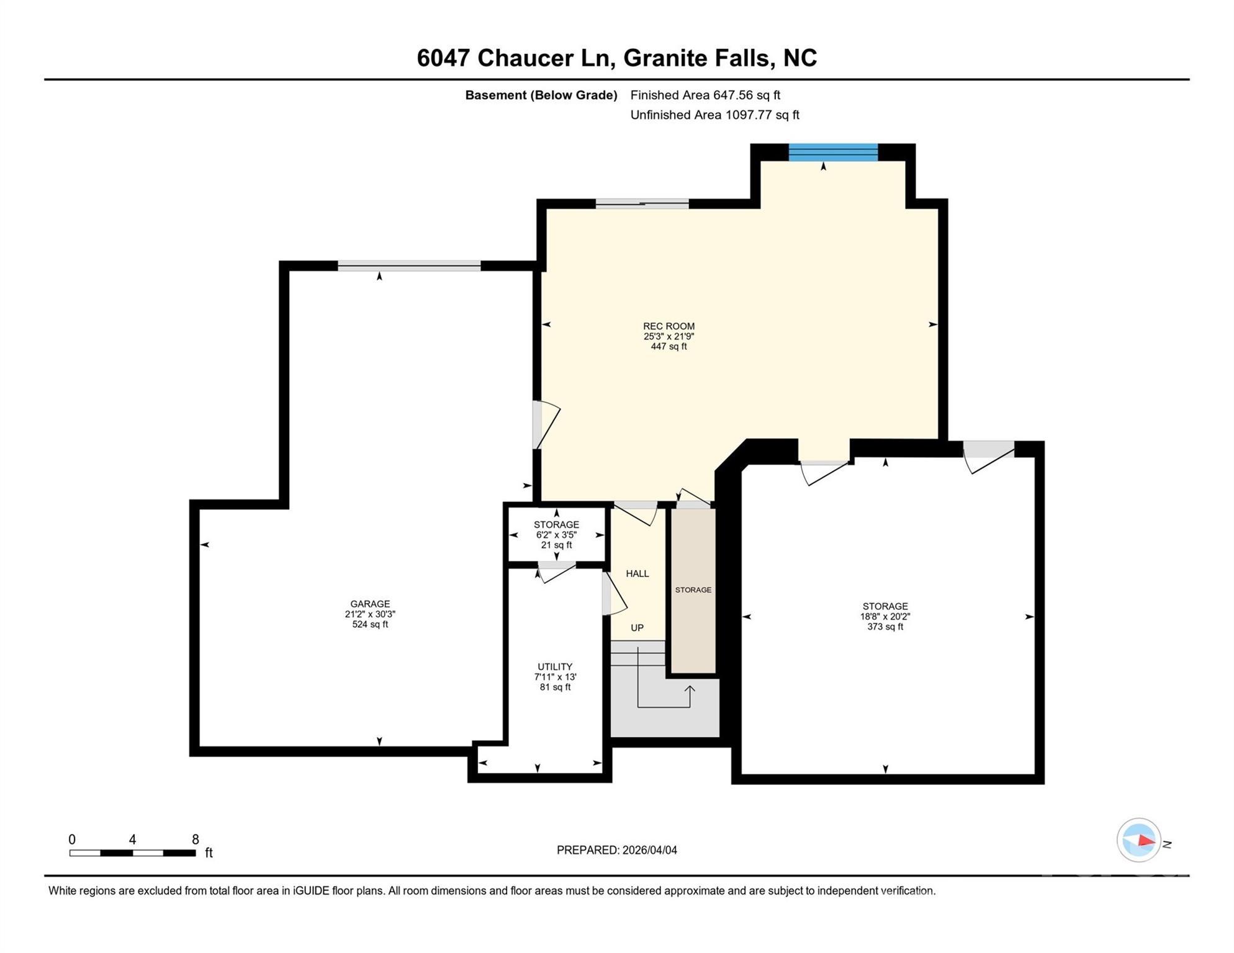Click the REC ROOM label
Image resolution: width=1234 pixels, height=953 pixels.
click(669, 326)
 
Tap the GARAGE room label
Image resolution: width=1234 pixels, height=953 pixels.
click(370, 604)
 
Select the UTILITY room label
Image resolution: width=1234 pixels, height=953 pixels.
click(555, 667)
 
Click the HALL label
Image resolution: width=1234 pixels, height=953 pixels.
click(637, 573)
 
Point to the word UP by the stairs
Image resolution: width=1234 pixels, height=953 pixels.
click(637, 628)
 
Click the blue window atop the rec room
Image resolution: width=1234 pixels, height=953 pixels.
click(833, 152)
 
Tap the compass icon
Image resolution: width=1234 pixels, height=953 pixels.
click(1139, 840)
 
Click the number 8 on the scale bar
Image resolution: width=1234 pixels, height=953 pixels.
click(195, 839)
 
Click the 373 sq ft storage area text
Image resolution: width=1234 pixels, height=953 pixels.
click(885, 627)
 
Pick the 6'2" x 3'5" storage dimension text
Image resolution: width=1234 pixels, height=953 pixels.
click(556, 535)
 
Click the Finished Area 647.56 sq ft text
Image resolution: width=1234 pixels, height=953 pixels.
click(705, 95)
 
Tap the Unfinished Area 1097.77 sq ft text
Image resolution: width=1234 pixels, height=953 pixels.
click(714, 115)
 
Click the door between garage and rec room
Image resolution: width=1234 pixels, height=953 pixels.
click(538, 425)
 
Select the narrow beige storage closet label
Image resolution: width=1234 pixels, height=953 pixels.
click(693, 590)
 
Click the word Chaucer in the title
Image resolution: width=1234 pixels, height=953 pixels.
click(525, 58)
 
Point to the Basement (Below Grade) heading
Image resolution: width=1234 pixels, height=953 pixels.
click(541, 95)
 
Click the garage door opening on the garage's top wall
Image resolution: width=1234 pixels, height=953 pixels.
click(409, 266)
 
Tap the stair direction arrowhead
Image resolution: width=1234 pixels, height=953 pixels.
click(690, 689)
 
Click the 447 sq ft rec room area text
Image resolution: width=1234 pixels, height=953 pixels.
click(669, 347)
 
